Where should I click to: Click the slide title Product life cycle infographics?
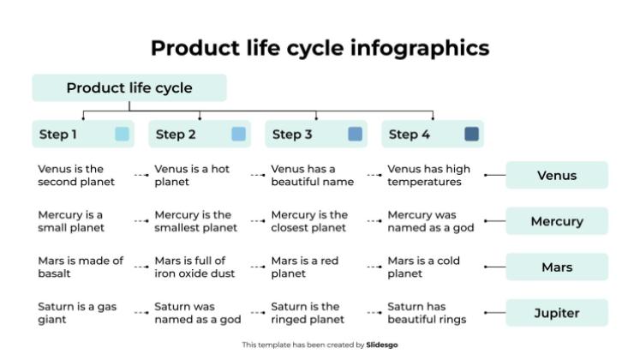[x=320, y=47]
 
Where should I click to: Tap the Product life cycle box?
[x=129, y=87]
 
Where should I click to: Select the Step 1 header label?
[x=58, y=134]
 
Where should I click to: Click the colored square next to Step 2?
[x=238, y=134]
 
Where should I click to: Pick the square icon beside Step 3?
[x=355, y=134]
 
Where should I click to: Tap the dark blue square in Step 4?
[x=471, y=134]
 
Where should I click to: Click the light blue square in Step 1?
[x=122, y=134]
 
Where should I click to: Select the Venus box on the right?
[x=557, y=176]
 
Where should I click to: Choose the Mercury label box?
[x=557, y=221]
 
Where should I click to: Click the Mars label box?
[x=557, y=267]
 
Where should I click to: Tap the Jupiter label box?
[x=557, y=313]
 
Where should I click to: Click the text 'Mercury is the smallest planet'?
[x=195, y=221]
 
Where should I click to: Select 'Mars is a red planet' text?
[x=305, y=267]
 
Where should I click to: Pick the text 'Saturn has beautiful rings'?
[x=427, y=313]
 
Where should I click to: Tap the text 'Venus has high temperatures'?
[x=428, y=176]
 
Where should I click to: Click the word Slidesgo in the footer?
[x=382, y=345]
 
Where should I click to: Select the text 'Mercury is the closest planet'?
[x=309, y=221]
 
